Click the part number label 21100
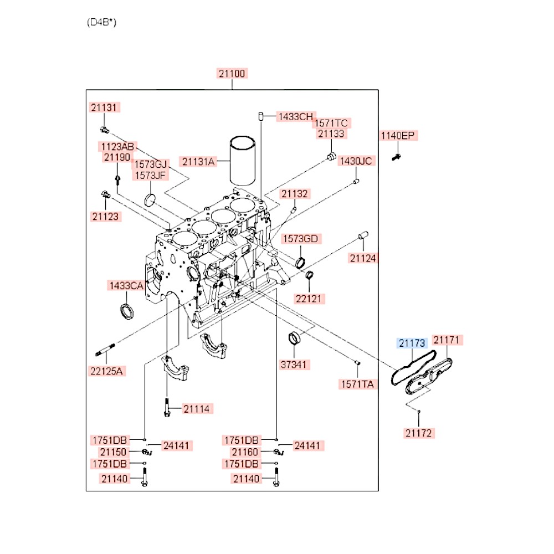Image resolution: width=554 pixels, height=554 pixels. point(232,74)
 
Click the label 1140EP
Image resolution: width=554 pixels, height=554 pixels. point(398,136)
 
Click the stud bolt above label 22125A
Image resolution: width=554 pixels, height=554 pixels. point(104,351)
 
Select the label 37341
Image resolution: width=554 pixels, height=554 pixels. point(295,365)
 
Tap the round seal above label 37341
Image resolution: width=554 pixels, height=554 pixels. point(295,338)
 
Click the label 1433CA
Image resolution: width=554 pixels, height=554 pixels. point(126,286)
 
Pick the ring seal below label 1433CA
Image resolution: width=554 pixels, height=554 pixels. point(127,311)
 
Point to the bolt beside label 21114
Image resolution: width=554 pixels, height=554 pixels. point(166,409)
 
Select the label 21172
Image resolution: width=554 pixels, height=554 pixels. point(419,433)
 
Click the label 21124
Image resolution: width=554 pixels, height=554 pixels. point(363,258)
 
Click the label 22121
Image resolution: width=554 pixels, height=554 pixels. point(310,299)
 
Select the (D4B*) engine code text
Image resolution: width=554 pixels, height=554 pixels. point(101,23)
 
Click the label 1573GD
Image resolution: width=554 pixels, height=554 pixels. point(301,239)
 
